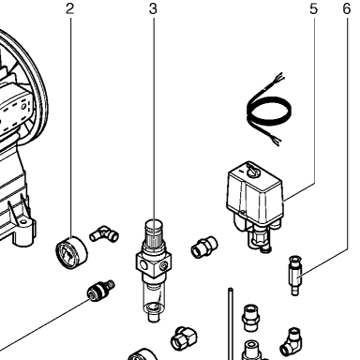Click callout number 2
[70, 8]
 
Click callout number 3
[153, 8]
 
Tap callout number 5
[313, 8]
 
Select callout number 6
[347, 8]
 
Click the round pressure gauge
[71, 253]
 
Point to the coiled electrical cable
[269, 110]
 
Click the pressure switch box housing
[254, 194]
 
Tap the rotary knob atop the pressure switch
[253, 171]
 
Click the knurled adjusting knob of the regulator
[154, 233]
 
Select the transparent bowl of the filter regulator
[153, 297]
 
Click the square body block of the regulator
[154, 263]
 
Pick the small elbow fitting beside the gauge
[104, 234]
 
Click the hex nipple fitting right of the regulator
[204, 247]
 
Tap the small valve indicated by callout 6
[294, 275]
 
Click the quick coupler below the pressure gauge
[100, 290]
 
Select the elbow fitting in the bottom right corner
[291, 342]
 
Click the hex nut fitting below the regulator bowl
[185, 338]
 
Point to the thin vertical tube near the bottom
[231, 323]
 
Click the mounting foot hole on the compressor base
[22, 222]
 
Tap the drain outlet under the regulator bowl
[153, 318]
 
